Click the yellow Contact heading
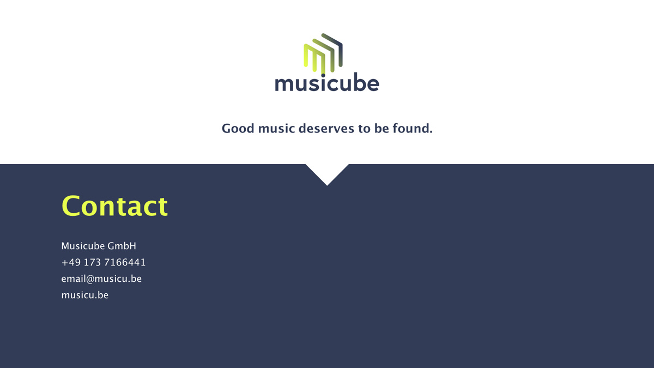(114, 206)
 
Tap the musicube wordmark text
(327, 83)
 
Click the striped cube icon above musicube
(323, 53)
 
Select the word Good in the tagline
(238, 129)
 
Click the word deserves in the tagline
(326, 129)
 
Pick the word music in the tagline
(276, 129)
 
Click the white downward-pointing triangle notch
(327, 172)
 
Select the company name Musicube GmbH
(99, 246)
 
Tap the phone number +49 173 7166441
(104, 262)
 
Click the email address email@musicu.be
(101, 279)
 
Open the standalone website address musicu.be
(84, 295)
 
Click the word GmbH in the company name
(122, 246)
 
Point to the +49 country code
(71, 262)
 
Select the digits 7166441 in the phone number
(125, 262)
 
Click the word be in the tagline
(381, 129)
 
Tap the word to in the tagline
(365, 129)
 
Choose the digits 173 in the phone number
(92, 262)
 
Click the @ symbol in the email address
(90, 279)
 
